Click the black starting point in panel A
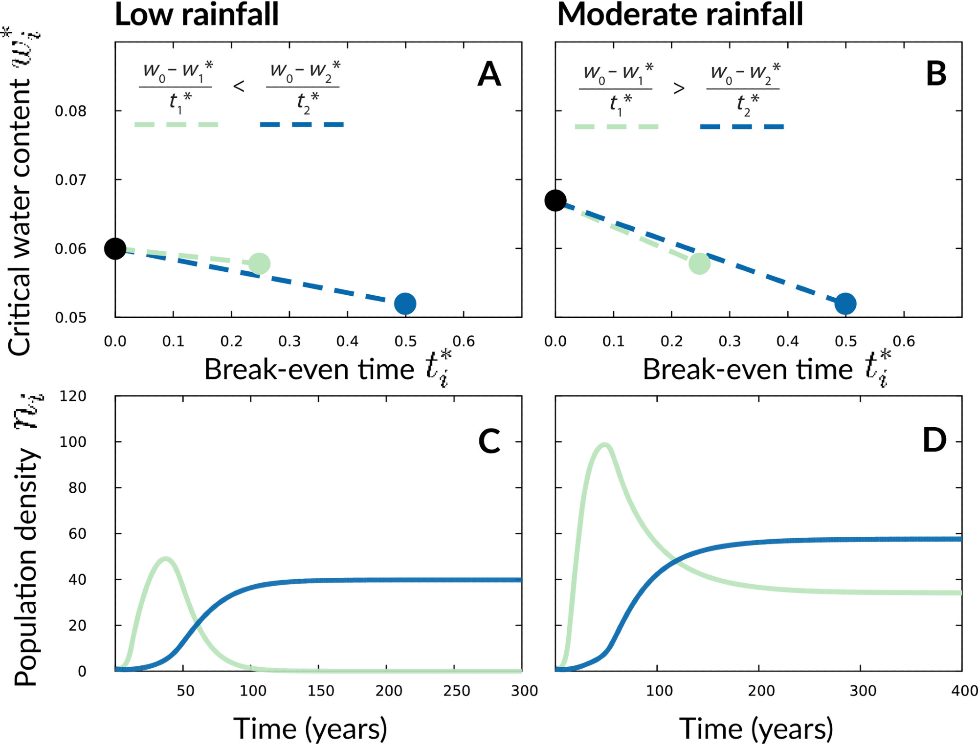point(115,249)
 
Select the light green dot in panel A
point(259,264)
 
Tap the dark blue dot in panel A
point(405,304)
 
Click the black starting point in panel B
point(556,200)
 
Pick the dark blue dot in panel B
point(845,304)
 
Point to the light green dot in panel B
point(699,264)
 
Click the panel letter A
point(489,75)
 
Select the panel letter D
point(934,440)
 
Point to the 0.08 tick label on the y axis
point(70,111)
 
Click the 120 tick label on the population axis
point(73,396)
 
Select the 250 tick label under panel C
point(456,691)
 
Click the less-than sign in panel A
point(239,87)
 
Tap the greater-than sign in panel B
point(679,88)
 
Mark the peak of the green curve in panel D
point(605,445)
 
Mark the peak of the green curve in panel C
point(166,559)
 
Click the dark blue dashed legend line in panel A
point(302,125)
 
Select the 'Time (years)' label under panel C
point(310,729)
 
